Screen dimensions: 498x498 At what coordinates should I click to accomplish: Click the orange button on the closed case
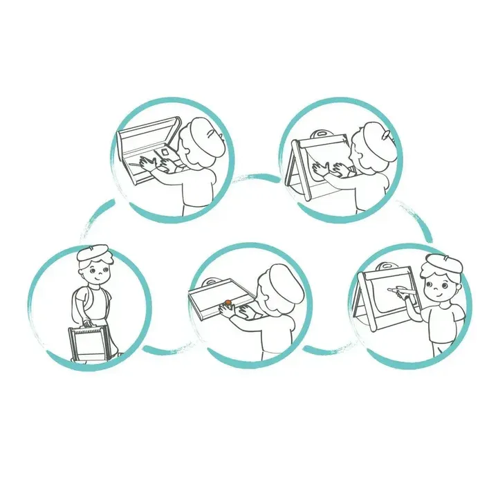pyautogui.click(x=226, y=302)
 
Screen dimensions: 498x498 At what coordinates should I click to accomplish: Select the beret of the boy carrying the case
pyautogui.click(x=93, y=252)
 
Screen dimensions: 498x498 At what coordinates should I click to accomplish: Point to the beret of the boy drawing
pyautogui.click(x=443, y=264)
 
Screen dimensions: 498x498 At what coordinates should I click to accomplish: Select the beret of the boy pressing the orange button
pyautogui.click(x=287, y=280)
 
